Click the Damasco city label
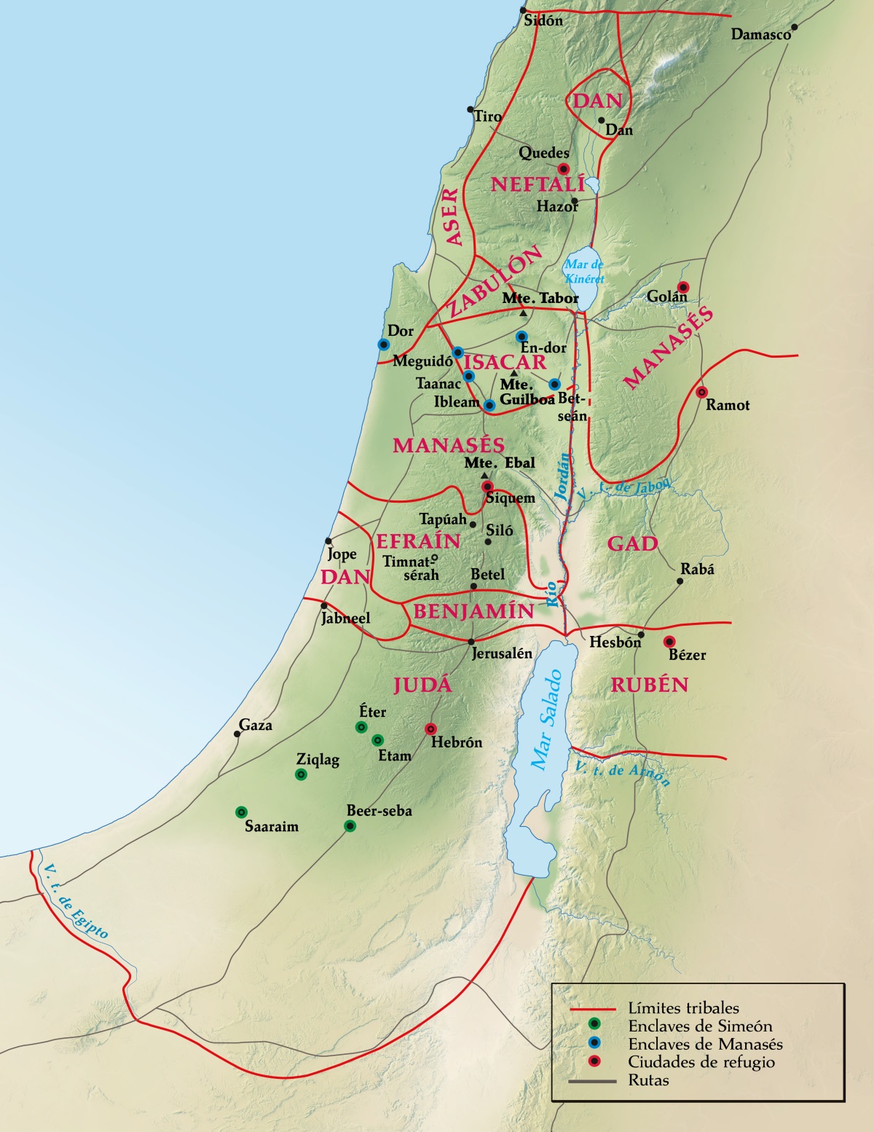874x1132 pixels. tap(761, 34)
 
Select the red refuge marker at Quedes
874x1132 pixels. tap(562, 168)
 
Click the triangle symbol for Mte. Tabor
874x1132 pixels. tap(523, 313)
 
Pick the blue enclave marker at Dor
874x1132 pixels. tap(383, 345)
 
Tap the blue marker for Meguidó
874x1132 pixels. tap(458, 353)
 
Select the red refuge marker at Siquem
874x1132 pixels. tap(487, 487)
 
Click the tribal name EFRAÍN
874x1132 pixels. tap(418, 541)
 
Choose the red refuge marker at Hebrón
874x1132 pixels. tap(430, 728)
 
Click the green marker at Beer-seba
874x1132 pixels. tap(350, 825)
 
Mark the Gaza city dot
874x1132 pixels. tap(237, 734)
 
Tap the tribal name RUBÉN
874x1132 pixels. tap(649, 685)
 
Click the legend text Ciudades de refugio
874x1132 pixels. tap(701, 1062)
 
